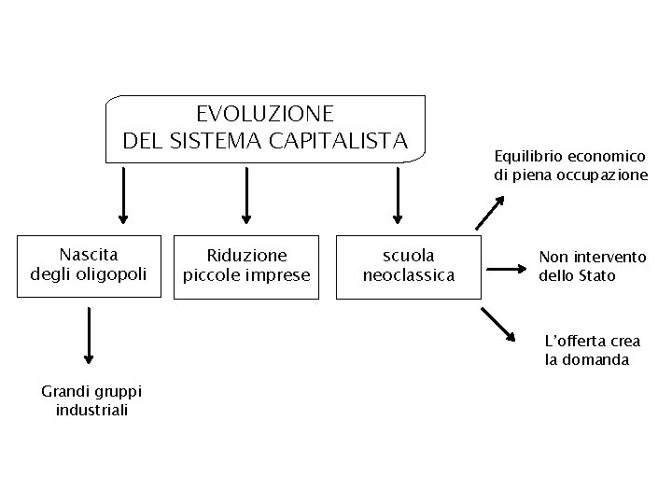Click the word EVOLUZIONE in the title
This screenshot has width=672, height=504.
pyautogui.click(x=265, y=114)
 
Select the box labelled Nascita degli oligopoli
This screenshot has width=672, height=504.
pyautogui.click(x=88, y=264)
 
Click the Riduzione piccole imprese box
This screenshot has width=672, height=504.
pyautogui.click(x=246, y=265)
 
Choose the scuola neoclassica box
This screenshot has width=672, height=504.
pyautogui.click(x=408, y=265)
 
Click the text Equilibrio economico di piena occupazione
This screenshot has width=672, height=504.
pyautogui.click(x=570, y=165)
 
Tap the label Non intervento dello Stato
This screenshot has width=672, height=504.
pyautogui.click(x=592, y=266)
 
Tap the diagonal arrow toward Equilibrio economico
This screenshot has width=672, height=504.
pyautogui.click(x=488, y=207)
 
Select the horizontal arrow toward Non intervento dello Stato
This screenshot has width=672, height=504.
pyautogui.click(x=508, y=269)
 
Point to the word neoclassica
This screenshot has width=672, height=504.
pyautogui.click(x=409, y=275)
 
